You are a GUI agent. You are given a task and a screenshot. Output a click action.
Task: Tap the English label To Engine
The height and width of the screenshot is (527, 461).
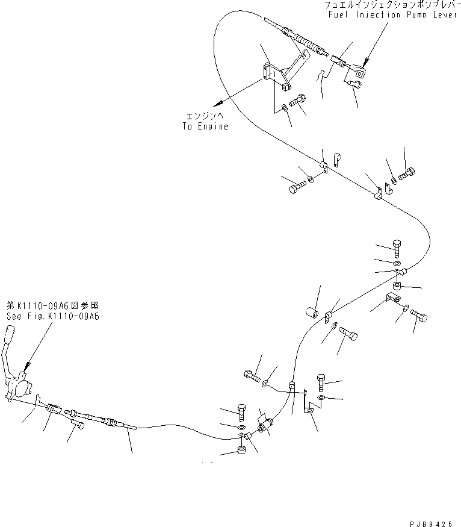click(205, 126)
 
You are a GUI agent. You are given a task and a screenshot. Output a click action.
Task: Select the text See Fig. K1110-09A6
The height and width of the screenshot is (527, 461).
click(52, 316)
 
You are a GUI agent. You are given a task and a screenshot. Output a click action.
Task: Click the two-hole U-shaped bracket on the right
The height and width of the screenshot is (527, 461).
click(392, 298)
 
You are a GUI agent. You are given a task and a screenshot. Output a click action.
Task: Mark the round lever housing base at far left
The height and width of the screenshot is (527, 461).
click(20, 382)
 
